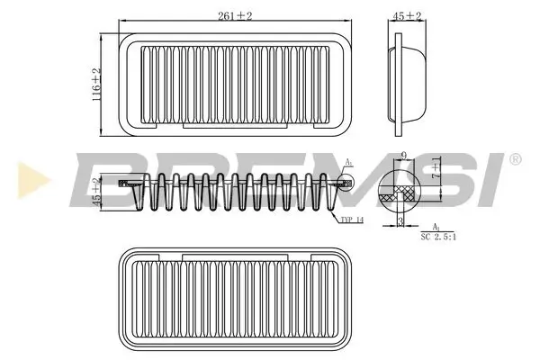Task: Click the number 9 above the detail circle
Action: (404, 156)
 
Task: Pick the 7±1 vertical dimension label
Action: (436, 169)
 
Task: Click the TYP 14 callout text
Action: (352, 219)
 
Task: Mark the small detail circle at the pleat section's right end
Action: (346, 183)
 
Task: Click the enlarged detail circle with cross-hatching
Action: (400, 191)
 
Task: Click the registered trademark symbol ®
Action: (515, 159)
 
